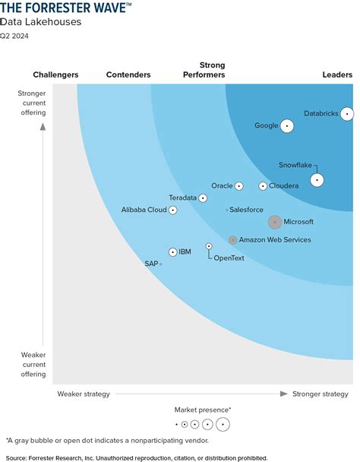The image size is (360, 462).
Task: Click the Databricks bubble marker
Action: coord(347,114)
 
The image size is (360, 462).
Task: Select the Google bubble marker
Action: coord(286,126)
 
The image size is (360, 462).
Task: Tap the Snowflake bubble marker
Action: coord(317,180)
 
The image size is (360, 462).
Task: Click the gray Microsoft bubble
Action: coord(275,222)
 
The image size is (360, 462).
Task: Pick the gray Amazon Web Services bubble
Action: coord(233,240)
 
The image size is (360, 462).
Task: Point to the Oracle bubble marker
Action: coord(239,186)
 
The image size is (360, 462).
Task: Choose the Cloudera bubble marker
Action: coord(263,186)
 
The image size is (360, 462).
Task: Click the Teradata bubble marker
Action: coord(203,198)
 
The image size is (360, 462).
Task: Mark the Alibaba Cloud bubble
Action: coord(173,210)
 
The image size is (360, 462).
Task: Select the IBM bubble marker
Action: coord(173,252)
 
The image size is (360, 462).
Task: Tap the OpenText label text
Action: coord(229,258)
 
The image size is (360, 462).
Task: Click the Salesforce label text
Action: coord(246,209)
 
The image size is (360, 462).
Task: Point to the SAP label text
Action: coord(150,264)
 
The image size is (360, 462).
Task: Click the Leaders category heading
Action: coord(337,75)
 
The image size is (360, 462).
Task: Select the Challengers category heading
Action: coord(56,75)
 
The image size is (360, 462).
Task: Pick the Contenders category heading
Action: coord(128,75)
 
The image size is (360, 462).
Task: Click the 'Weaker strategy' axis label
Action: coord(84,394)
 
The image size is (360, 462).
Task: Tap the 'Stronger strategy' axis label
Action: coord(321,394)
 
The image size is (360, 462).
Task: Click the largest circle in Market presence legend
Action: coord(223,424)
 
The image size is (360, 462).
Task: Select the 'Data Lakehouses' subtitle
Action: coord(40,22)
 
